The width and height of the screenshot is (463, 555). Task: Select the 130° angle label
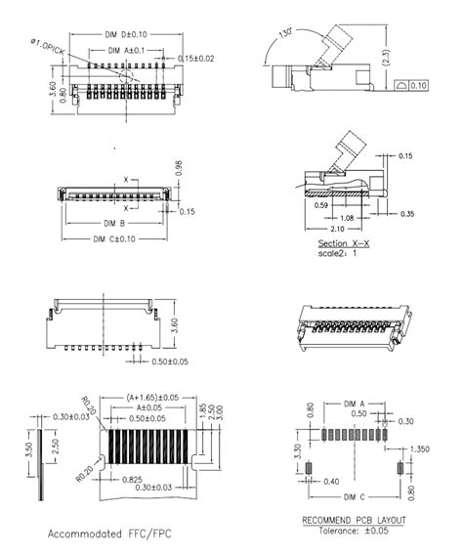[284, 35]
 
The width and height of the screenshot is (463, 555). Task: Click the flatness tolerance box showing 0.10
[415, 87]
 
